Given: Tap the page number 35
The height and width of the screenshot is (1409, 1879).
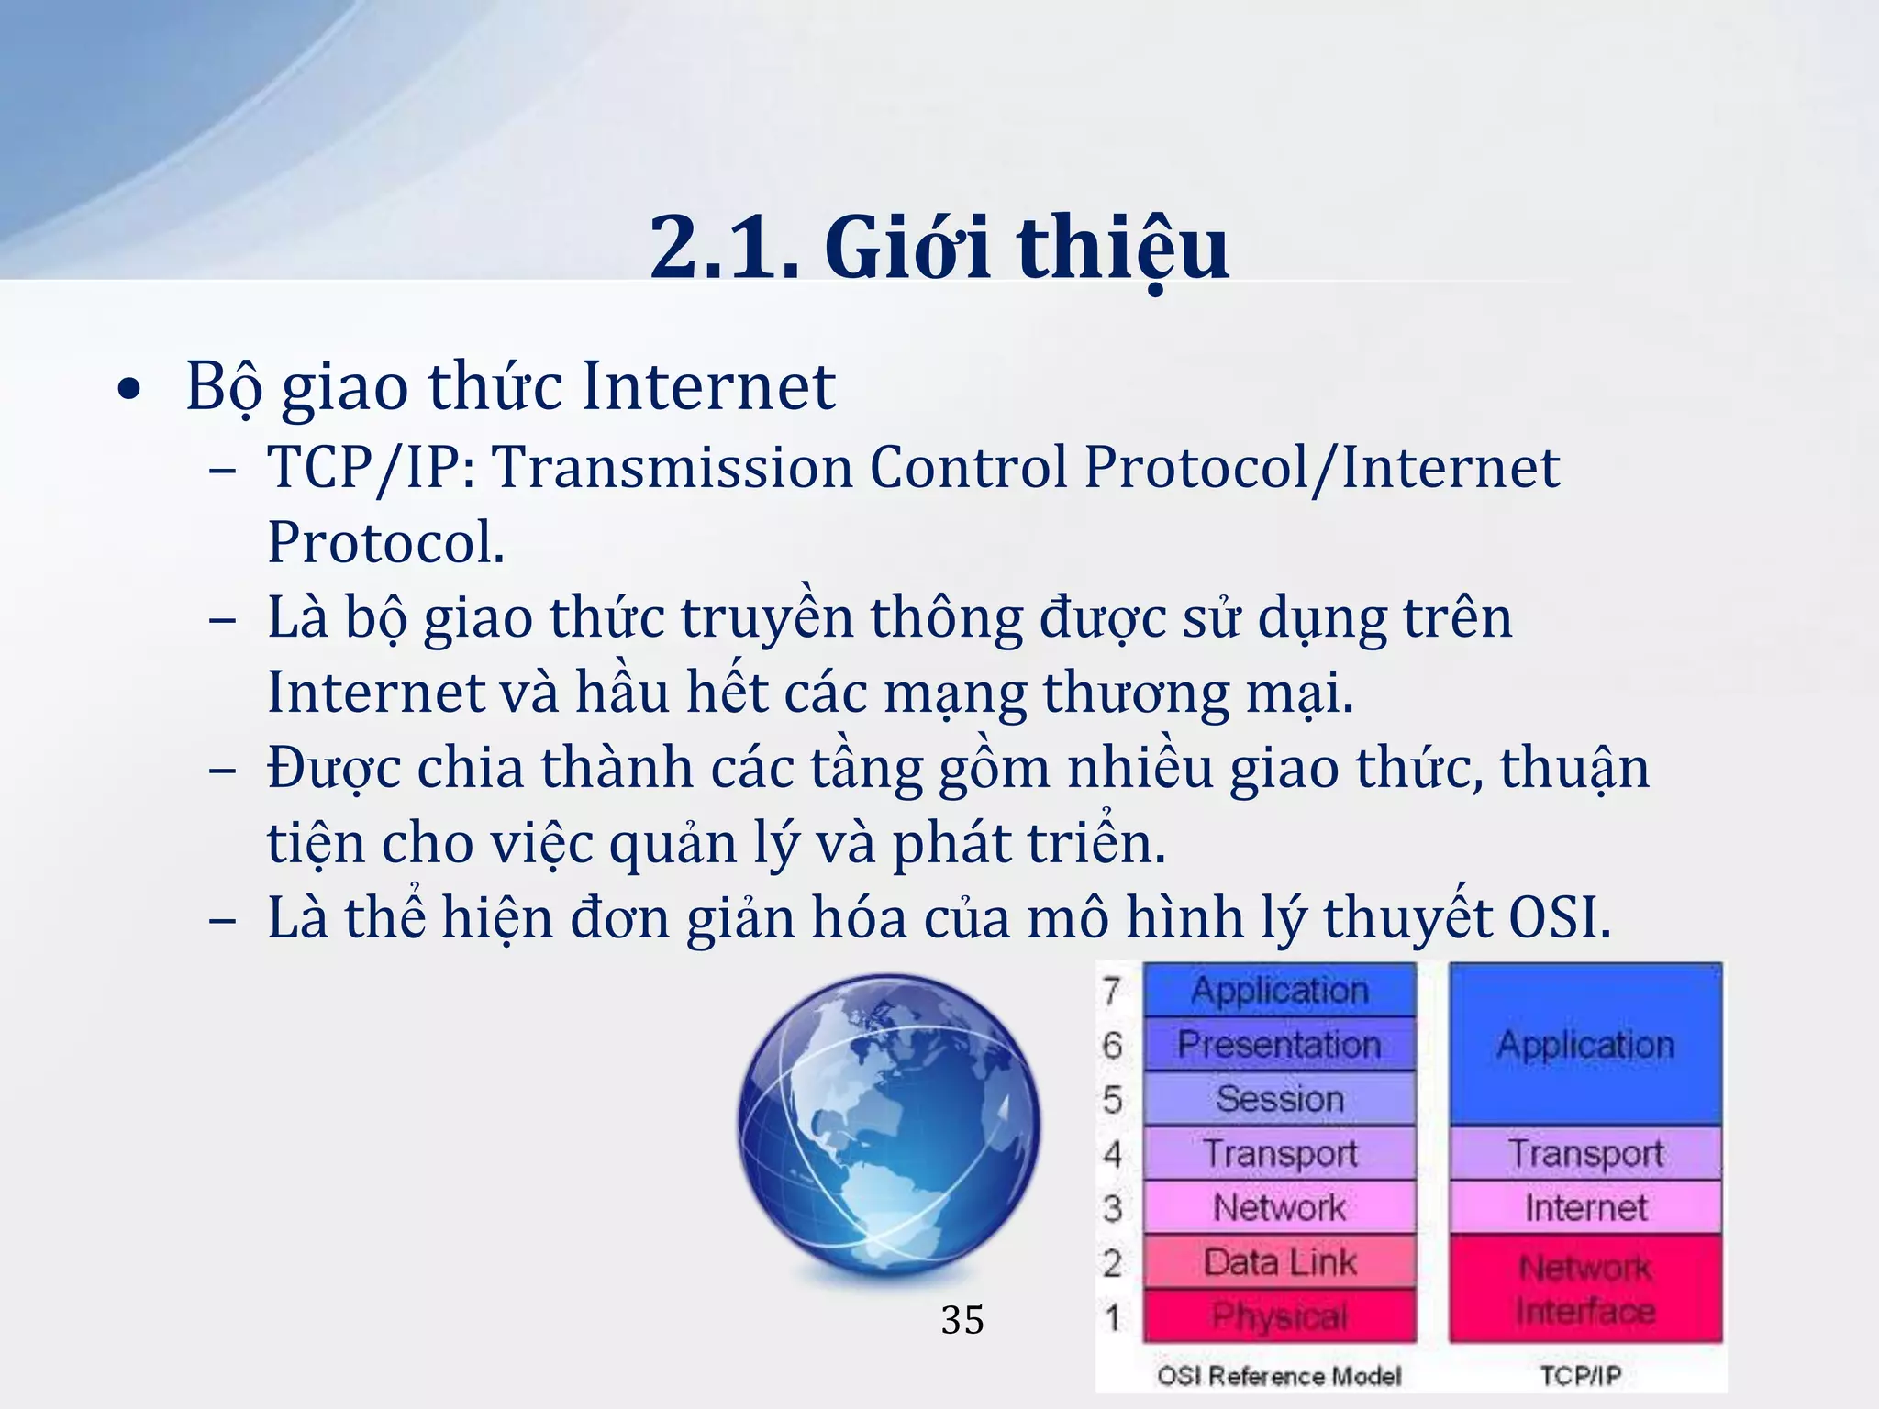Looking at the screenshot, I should (962, 1320).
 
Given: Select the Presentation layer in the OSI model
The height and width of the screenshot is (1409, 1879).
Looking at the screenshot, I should (1279, 1044).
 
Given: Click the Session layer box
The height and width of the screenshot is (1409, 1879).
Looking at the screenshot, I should (1279, 1098).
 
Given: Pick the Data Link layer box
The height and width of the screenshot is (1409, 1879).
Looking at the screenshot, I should (1279, 1262).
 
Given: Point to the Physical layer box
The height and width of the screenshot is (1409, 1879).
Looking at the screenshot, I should (1279, 1316).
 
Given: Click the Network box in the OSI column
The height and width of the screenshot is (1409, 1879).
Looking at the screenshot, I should (1279, 1207).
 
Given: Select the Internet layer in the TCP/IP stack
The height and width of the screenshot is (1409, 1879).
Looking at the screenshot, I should (1585, 1207).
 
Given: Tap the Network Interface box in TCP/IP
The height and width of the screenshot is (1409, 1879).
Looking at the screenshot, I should (1585, 1289).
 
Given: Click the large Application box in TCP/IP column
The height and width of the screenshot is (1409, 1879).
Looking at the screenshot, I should (1585, 1045).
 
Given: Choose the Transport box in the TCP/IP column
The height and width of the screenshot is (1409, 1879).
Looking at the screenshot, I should (1585, 1153).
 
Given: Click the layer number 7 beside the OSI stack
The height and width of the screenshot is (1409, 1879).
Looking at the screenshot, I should (1112, 991).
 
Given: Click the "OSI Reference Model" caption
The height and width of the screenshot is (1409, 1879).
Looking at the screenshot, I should (1279, 1376).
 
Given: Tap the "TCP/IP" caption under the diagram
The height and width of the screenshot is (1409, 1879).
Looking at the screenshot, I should (1580, 1376).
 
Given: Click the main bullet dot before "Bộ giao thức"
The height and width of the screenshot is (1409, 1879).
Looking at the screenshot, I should (130, 390).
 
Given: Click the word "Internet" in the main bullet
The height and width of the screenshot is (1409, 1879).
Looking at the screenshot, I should (708, 386).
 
